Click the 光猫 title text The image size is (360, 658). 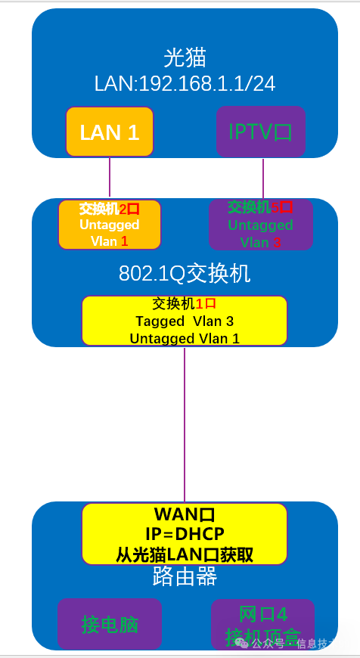click(185, 57)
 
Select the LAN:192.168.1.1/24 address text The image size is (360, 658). click(185, 82)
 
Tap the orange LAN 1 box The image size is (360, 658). click(110, 132)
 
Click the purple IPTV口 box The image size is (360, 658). click(260, 132)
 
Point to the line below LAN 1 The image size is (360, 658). click(110, 178)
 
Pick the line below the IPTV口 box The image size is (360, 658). click(263, 178)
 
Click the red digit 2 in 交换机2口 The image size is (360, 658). click(123, 208)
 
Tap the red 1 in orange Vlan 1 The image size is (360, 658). click(125, 241)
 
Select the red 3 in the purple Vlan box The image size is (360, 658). click(277, 243)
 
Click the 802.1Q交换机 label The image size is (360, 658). click(185, 274)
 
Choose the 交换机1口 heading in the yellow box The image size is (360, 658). click(185, 304)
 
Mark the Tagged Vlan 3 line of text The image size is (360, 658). click(185, 321)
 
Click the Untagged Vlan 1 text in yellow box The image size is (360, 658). click(185, 339)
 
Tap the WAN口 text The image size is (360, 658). click(185, 515)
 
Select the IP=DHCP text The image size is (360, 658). click(185, 535)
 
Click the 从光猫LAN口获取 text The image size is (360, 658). click(185, 554)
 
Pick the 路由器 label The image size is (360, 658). click(185, 578)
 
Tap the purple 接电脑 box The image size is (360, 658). click(110, 625)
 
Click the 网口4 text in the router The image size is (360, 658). click(263, 613)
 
